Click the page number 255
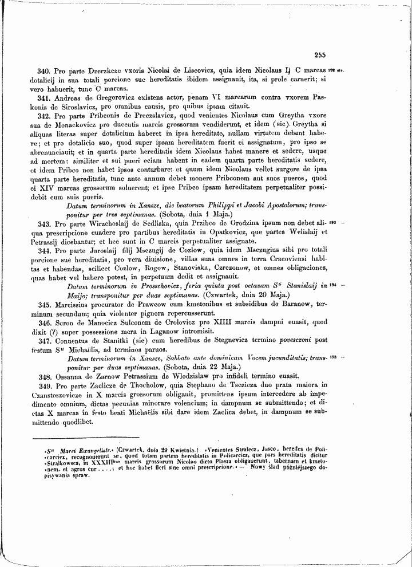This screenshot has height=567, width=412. click(319, 55)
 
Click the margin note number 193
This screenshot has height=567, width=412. click(332, 237)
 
